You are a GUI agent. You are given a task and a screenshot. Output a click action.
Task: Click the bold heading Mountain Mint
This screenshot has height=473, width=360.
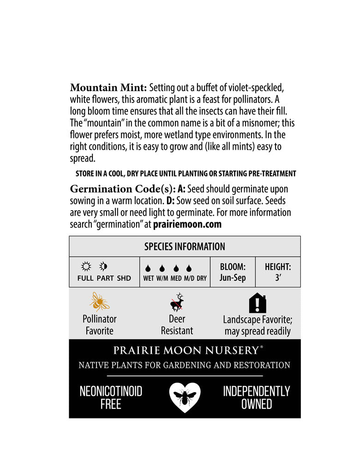click(x=108, y=88)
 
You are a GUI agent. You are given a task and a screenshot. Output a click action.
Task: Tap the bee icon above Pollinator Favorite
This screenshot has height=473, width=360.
click(x=100, y=302)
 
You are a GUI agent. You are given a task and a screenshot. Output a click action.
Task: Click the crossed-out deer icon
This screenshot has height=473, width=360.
click(x=177, y=303)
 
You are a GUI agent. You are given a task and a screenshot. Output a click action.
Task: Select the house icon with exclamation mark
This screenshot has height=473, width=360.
click(x=258, y=303)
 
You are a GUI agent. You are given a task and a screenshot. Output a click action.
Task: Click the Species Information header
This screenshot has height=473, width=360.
click(x=185, y=247)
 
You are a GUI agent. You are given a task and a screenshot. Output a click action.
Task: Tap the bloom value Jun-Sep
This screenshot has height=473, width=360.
click(x=233, y=278)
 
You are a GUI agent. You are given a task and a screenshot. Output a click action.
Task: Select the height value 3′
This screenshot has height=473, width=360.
click(x=278, y=278)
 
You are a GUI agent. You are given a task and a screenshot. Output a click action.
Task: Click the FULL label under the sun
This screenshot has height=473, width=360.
click(x=85, y=279)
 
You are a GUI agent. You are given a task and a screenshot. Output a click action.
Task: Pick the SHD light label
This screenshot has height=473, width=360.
click(x=124, y=279)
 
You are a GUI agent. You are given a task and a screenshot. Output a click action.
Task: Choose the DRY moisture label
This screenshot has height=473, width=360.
click(x=202, y=279)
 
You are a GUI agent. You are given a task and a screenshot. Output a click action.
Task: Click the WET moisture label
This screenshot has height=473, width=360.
click(x=149, y=279)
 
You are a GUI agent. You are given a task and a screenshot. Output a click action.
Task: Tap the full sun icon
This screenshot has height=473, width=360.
click(x=85, y=267)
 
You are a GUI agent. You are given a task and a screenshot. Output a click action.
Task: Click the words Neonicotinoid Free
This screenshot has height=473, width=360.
click(x=111, y=398)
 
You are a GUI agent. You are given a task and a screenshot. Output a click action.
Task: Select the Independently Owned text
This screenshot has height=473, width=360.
click(x=257, y=398)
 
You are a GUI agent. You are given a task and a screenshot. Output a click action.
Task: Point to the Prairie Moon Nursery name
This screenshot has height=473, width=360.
click(x=185, y=350)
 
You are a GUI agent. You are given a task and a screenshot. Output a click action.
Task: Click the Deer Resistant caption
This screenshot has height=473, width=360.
click(x=177, y=325)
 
